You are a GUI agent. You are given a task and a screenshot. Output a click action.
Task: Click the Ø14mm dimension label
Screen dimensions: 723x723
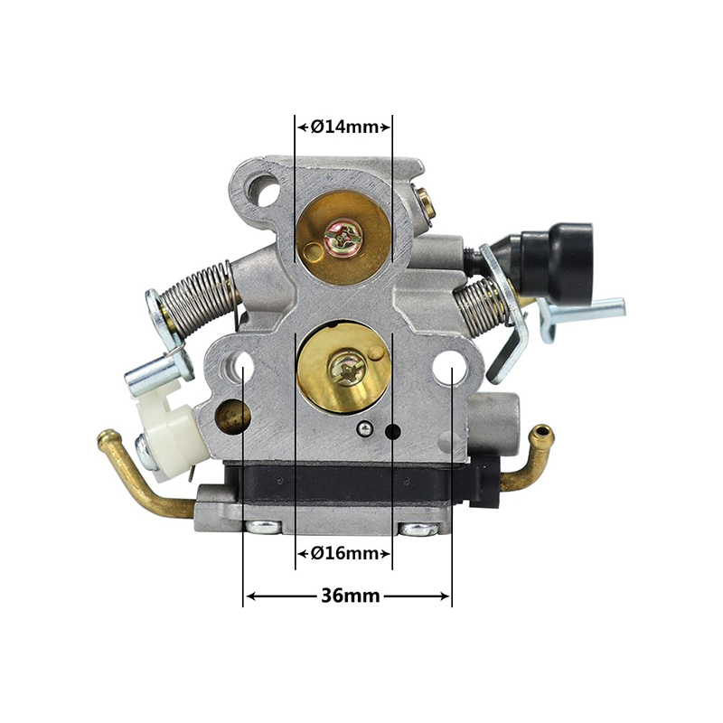coord(344,127)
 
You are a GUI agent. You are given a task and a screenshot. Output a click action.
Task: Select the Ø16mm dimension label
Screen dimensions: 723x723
coord(344,552)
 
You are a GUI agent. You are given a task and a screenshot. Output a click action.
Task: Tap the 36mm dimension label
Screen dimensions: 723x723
coord(351,596)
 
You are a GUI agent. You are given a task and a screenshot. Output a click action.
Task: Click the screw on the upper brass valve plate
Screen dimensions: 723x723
coord(343,237)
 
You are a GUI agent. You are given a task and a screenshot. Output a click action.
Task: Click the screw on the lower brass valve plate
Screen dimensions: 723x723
coord(347,369)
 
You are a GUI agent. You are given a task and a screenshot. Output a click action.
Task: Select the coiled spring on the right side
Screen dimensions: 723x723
coord(480,305)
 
